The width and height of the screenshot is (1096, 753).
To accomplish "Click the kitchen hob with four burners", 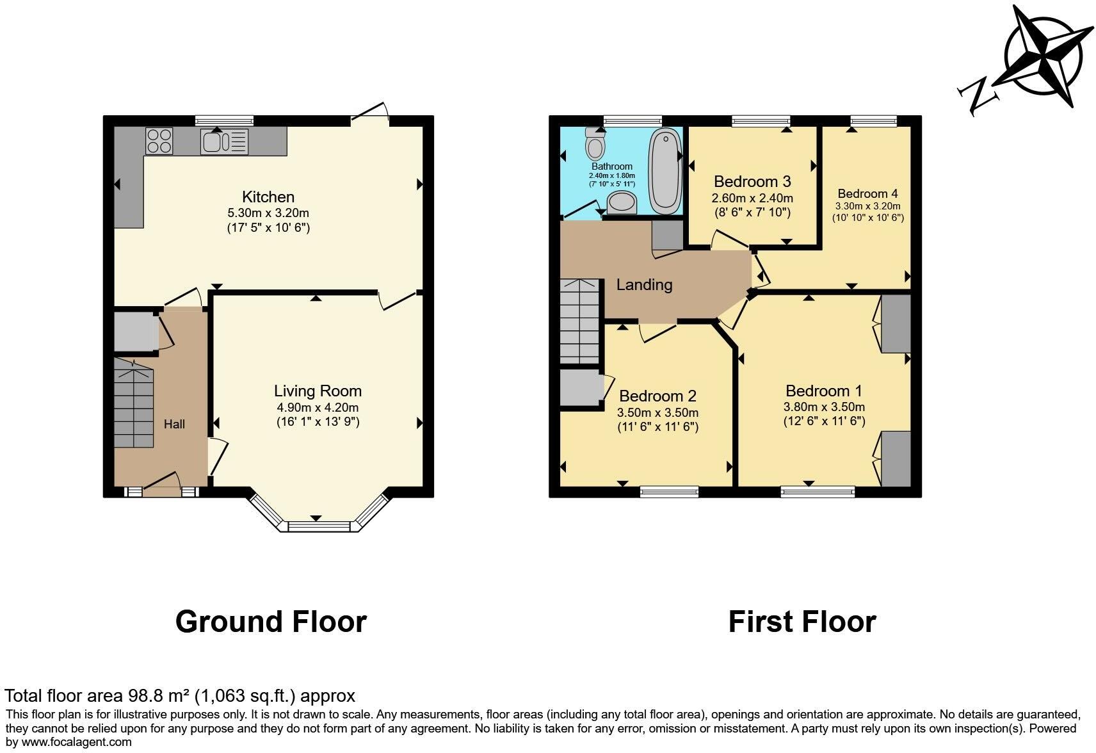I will [159, 141].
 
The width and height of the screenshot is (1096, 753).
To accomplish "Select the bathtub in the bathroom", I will [665, 170].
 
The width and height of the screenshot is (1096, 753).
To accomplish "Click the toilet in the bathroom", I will [595, 145].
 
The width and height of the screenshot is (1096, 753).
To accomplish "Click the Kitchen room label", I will [268, 197].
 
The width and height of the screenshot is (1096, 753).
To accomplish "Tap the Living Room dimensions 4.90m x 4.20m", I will [318, 407].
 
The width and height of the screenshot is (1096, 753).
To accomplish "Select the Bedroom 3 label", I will [752, 181].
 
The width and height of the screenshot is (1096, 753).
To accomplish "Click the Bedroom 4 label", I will [867, 193].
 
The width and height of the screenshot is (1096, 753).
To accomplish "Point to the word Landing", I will [644, 284].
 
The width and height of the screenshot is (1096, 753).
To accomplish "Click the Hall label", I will [174, 424].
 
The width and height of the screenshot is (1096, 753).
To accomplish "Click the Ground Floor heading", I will [271, 622].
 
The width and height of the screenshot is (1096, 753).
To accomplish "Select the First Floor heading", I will [802, 622].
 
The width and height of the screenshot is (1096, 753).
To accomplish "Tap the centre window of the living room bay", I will [319, 526].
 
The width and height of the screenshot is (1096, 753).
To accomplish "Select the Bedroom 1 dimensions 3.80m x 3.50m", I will [824, 407].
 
